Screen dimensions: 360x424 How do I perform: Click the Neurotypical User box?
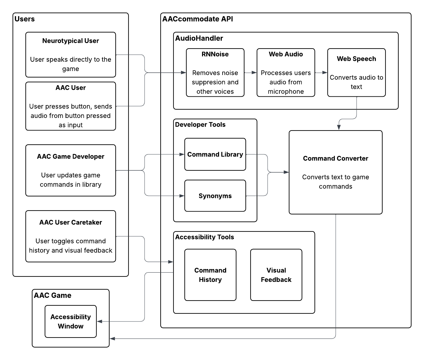[71, 55]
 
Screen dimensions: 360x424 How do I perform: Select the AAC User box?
[71, 106]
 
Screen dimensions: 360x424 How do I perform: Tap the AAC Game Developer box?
[71, 170]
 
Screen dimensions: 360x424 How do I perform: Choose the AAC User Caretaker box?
[71, 236]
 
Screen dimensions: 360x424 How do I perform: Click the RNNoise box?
[215, 73]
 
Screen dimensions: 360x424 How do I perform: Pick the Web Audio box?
[286, 73]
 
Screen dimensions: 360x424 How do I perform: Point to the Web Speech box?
[357, 73]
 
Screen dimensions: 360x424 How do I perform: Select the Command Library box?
[215, 154]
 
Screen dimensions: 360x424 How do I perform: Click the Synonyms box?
[215, 196]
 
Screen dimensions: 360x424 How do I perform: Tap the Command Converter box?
[336, 172]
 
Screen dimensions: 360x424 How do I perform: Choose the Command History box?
[210, 275]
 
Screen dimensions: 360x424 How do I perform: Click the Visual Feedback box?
[276, 275]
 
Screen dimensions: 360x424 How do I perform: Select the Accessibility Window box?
[71, 321]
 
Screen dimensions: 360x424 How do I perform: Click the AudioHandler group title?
[199, 38]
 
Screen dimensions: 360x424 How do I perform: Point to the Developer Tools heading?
[200, 125]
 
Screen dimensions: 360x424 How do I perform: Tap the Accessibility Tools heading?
[205, 237]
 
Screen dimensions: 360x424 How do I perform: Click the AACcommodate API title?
[198, 19]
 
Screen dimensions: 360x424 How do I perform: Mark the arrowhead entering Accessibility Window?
[100, 321]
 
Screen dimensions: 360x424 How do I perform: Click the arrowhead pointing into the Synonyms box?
[182, 196]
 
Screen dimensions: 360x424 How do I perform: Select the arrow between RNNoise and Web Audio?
[251, 73]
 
